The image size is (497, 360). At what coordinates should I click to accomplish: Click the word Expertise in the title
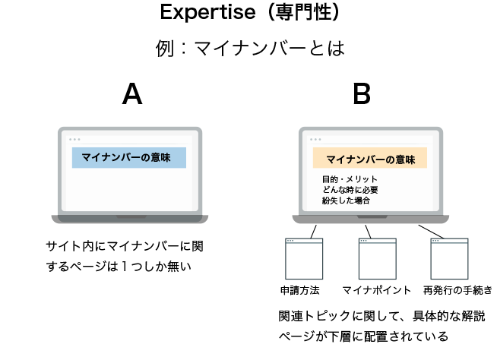207,12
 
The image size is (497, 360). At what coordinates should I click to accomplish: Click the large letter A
132,93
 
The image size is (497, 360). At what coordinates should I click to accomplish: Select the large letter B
362,93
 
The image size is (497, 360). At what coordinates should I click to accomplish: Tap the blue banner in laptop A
129,157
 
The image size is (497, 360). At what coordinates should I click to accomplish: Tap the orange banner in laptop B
370,158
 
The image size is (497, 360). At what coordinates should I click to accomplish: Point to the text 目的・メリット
350,179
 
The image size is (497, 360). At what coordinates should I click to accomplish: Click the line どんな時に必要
350,190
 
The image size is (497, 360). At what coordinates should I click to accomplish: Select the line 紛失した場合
346,201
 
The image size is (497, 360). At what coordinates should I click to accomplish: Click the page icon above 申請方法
304,258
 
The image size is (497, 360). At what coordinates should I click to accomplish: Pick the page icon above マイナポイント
378,258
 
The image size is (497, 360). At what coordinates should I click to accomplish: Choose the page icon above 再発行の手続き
449,258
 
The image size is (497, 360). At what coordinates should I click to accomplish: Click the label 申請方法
300,290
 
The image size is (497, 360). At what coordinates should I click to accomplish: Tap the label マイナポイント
377,290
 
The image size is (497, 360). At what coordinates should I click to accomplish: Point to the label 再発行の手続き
457,290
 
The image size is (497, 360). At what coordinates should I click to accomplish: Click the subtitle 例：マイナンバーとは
250,49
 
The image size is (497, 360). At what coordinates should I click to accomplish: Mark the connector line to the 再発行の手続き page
431,232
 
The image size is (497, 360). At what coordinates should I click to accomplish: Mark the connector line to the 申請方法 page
314,232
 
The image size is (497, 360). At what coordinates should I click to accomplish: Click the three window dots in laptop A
74,140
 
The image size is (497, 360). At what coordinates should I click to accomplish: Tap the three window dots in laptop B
315,140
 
